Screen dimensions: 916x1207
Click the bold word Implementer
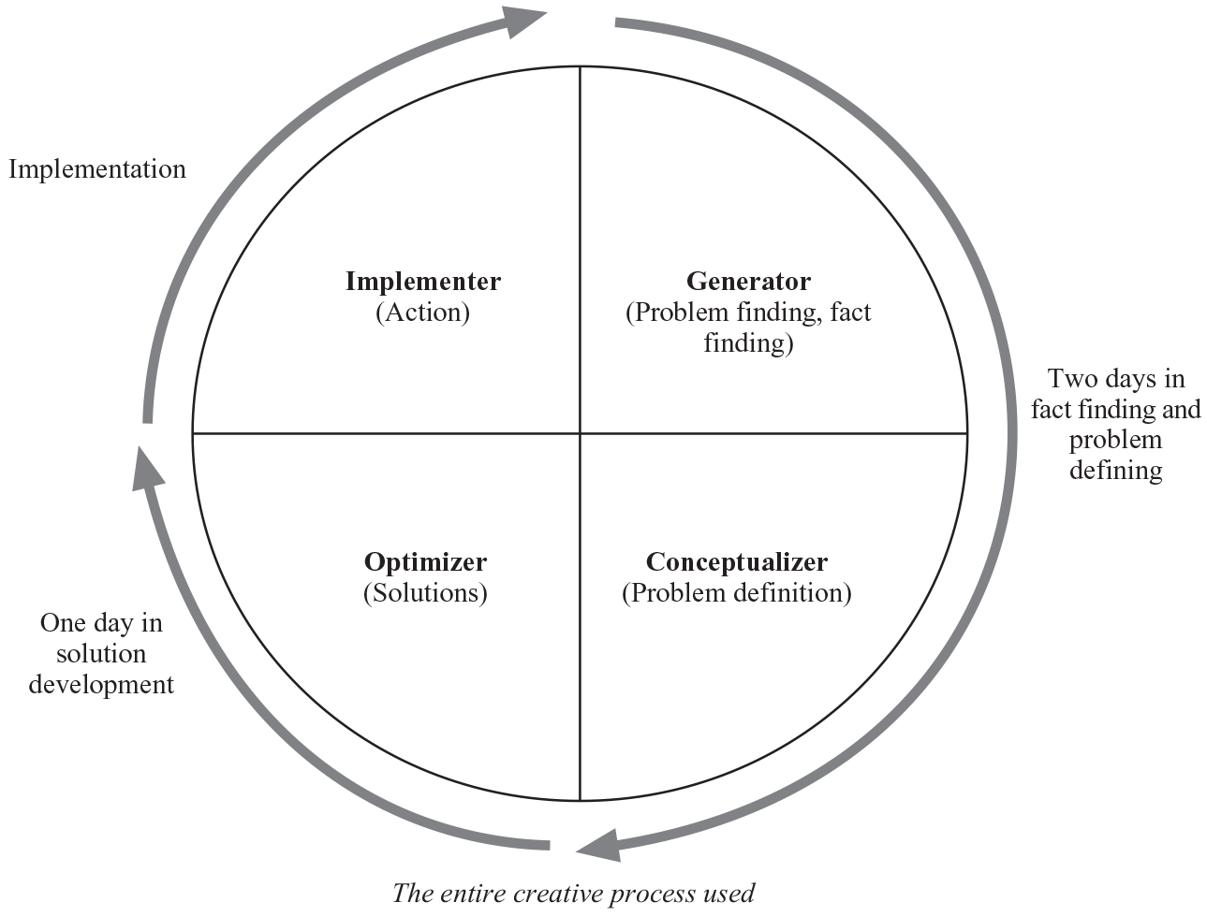tap(422, 281)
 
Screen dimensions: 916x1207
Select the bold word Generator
tap(748, 281)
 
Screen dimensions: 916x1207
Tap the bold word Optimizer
tap(425, 561)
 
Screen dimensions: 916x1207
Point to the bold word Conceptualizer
tap(737, 561)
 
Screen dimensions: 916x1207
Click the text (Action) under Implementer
tap(422, 312)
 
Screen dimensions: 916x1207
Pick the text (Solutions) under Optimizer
tap(425, 592)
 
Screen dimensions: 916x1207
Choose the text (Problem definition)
tap(737, 592)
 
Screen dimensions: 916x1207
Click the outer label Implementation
tap(97, 168)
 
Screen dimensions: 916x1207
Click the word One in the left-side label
tap(63, 623)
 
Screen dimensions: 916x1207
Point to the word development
tap(101, 684)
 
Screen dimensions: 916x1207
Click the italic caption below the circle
tap(573, 893)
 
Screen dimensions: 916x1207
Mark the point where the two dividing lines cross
tap(581, 433)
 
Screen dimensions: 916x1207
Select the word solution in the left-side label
tap(101, 653)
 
